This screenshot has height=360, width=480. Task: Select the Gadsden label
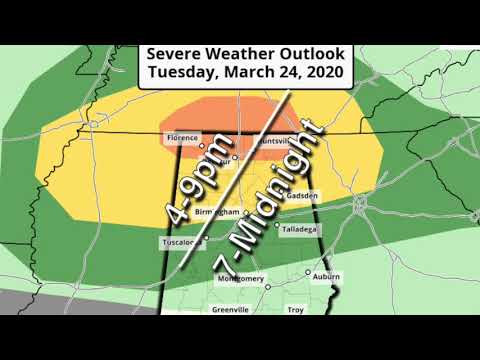coord(301,197)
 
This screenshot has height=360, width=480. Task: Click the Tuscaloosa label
coord(180,243)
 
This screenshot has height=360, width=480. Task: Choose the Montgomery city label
coord(240,279)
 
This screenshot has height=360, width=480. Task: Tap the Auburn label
coord(326,276)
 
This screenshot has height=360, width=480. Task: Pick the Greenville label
coord(230,310)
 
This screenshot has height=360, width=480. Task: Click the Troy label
coord(295,310)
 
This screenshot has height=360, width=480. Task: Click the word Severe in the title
coord(175,53)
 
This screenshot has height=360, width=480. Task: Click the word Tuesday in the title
coord(180,72)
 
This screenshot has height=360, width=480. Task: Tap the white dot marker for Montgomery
coord(267,287)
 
